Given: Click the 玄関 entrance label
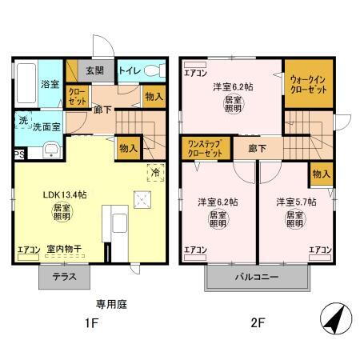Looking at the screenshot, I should [94, 70].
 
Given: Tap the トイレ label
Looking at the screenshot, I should [128, 70].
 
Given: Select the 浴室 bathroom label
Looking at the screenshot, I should [50, 83].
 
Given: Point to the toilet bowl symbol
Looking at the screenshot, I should [154, 70].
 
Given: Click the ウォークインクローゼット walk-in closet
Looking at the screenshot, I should [308, 84].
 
